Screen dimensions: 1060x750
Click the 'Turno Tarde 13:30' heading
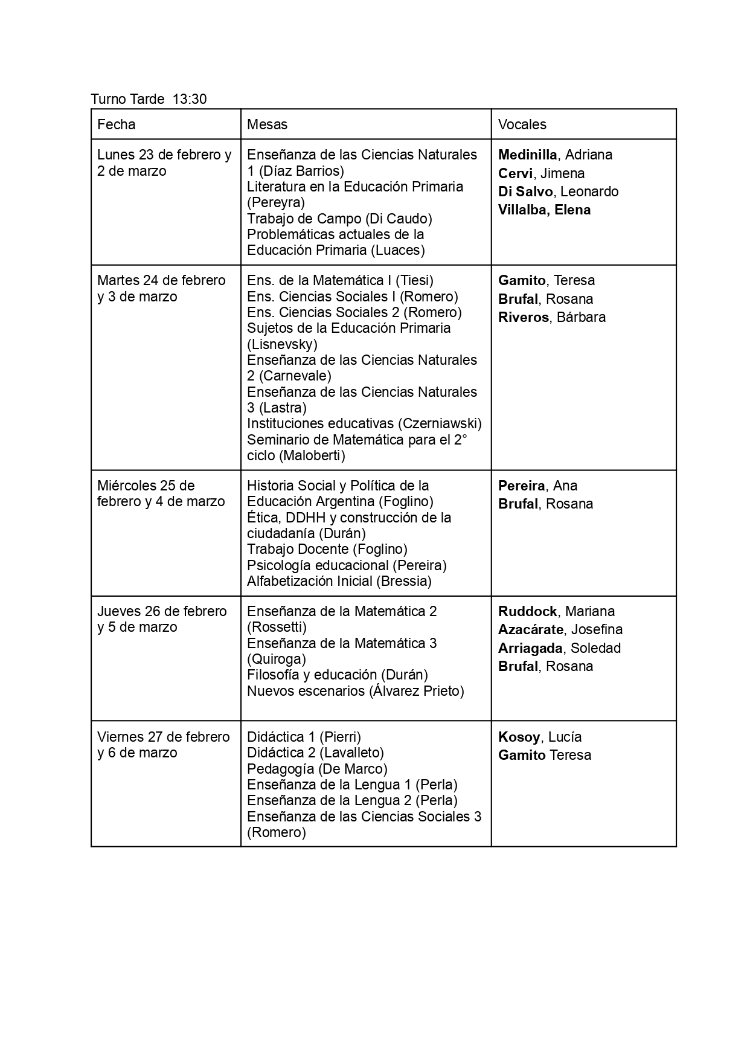[x=149, y=99]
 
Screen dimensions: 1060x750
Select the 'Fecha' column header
[x=117, y=124]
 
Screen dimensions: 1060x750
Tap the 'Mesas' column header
[x=268, y=124]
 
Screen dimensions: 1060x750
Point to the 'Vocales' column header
[x=522, y=124]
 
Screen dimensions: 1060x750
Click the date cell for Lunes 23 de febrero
[x=164, y=163]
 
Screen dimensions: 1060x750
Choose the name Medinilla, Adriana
[x=555, y=155]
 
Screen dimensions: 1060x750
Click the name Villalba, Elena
[x=544, y=210]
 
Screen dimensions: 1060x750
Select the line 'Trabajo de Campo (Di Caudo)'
[x=339, y=219]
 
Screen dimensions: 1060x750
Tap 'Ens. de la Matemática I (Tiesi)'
[x=340, y=280]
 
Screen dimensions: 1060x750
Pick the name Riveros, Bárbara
[x=551, y=317]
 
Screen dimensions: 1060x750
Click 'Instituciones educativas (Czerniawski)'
[x=364, y=423]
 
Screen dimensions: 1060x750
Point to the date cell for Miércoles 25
[x=161, y=493]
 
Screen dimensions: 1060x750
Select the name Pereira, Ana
[x=537, y=486]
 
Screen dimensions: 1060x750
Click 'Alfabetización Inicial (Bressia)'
[x=339, y=581]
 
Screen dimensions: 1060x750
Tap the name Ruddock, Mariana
[x=556, y=611]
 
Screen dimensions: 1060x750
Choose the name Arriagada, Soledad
[x=559, y=648]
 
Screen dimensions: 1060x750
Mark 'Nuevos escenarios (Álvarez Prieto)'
[x=356, y=691]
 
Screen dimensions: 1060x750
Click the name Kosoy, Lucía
[x=540, y=737]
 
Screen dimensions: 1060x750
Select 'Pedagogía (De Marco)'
[x=317, y=769]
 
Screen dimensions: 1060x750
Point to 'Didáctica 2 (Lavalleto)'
[x=315, y=753]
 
